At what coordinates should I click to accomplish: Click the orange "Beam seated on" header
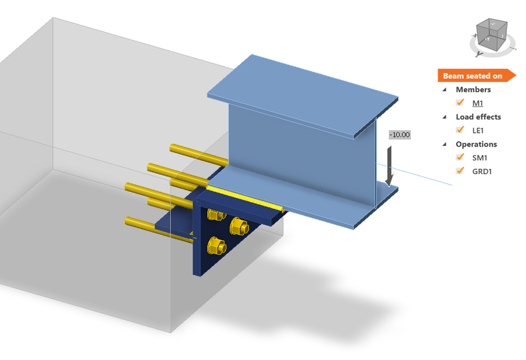472,76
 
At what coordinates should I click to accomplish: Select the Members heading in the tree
473,89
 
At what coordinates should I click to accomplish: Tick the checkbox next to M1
460,102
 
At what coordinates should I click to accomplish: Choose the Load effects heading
478,117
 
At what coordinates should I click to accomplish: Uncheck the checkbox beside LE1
460,130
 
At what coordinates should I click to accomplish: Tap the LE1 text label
479,131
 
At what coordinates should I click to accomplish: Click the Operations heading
476,144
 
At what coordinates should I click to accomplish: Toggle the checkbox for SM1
460,158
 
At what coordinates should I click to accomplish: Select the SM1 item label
480,158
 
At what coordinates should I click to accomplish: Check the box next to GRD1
460,171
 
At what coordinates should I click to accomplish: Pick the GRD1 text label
482,172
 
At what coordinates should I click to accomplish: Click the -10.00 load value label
399,135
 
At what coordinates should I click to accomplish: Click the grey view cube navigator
490,36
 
